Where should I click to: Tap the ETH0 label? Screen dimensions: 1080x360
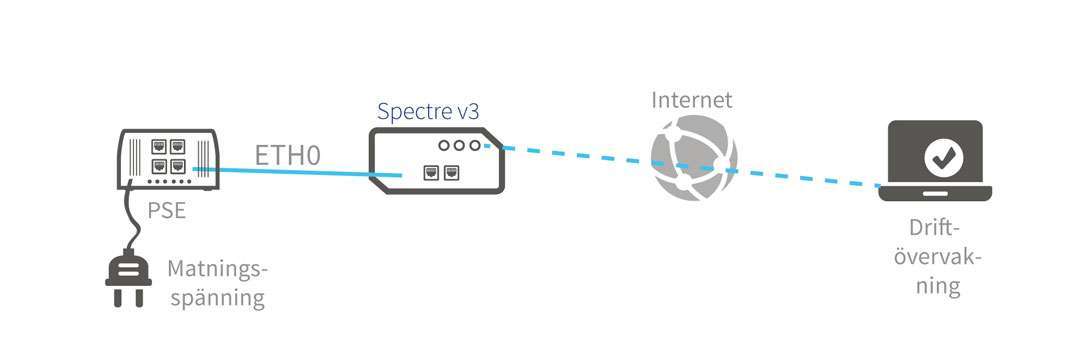pos(288,156)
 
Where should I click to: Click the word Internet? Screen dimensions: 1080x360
pos(692,100)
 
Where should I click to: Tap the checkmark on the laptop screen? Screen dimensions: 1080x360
pos(940,155)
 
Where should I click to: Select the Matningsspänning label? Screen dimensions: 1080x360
pos(218,284)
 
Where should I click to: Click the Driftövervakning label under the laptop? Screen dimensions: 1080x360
pos(937,257)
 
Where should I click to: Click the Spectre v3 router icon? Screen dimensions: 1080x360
pos(436,160)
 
